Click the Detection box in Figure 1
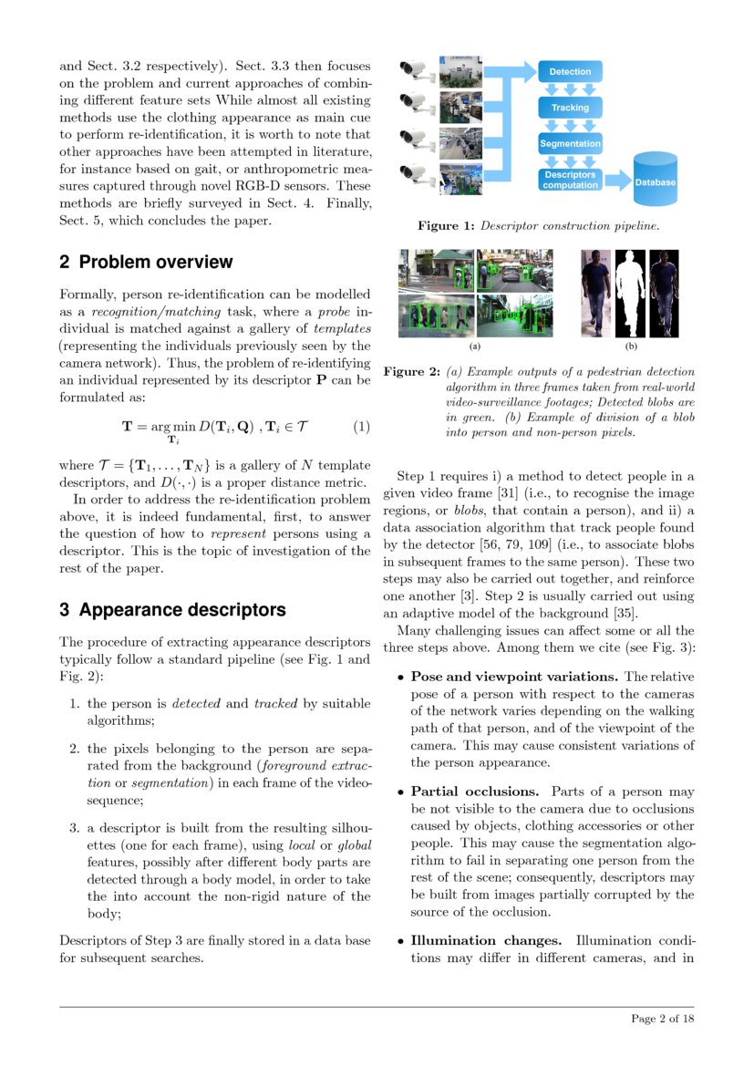569,71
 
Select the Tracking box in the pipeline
569,108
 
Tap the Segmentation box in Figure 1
569,144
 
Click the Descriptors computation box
569,180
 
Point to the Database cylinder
655,181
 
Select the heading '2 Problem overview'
146,263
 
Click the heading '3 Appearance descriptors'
172,610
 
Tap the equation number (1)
362,426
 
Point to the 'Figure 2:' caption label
411,372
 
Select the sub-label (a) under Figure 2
475,347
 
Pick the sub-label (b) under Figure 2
630,347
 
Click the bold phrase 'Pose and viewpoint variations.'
516,677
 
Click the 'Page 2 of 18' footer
663,1019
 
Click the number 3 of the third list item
74,828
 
